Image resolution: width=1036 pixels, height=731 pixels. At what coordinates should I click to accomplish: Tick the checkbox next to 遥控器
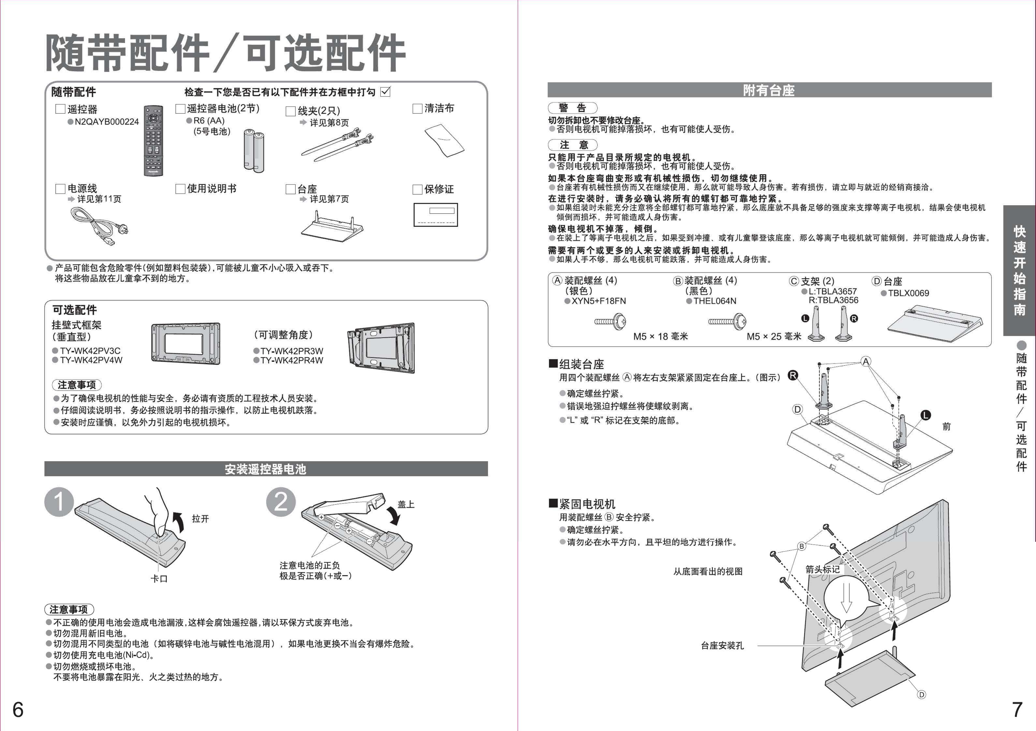[60, 109]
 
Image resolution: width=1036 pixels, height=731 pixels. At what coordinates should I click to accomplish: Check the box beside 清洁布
[417, 109]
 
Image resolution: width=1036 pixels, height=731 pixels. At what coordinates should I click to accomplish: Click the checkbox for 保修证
[417, 189]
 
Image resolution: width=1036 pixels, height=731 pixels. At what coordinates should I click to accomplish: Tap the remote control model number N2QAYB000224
[107, 122]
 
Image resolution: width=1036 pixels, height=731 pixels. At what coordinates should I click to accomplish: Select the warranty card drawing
[435, 215]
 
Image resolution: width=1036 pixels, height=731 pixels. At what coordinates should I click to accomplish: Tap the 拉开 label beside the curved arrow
[200, 519]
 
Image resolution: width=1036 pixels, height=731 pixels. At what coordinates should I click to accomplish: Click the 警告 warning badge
[572, 108]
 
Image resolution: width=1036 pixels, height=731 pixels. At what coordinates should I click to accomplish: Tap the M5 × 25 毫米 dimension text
[774, 336]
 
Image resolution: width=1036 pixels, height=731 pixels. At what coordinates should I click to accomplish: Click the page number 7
[1017, 710]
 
